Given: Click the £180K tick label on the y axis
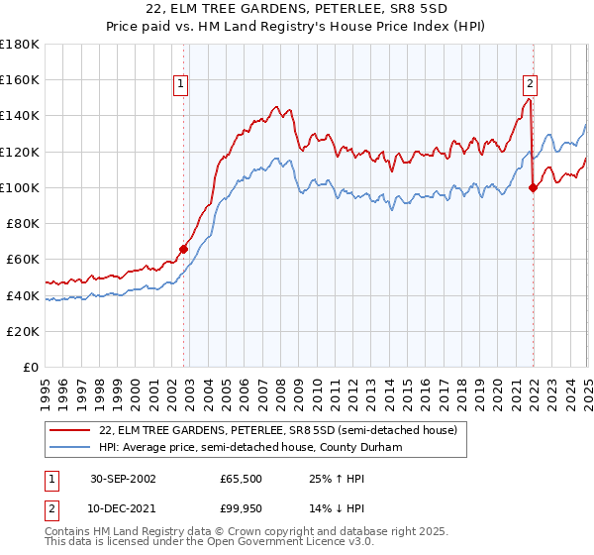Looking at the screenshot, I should [x=20, y=45].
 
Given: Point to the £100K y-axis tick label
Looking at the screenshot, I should [x=20, y=187].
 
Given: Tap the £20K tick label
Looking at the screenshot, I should [x=23, y=331].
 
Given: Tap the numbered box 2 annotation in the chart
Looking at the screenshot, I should [x=531, y=85].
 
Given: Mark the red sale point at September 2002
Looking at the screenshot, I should [x=184, y=250].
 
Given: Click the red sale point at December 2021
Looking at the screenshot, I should [x=533, y=187].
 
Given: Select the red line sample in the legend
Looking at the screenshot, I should [x=71, y=431].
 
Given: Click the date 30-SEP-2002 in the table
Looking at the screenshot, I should [x=125, y=478].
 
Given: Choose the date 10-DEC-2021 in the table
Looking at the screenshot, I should [x=125, y=509].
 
